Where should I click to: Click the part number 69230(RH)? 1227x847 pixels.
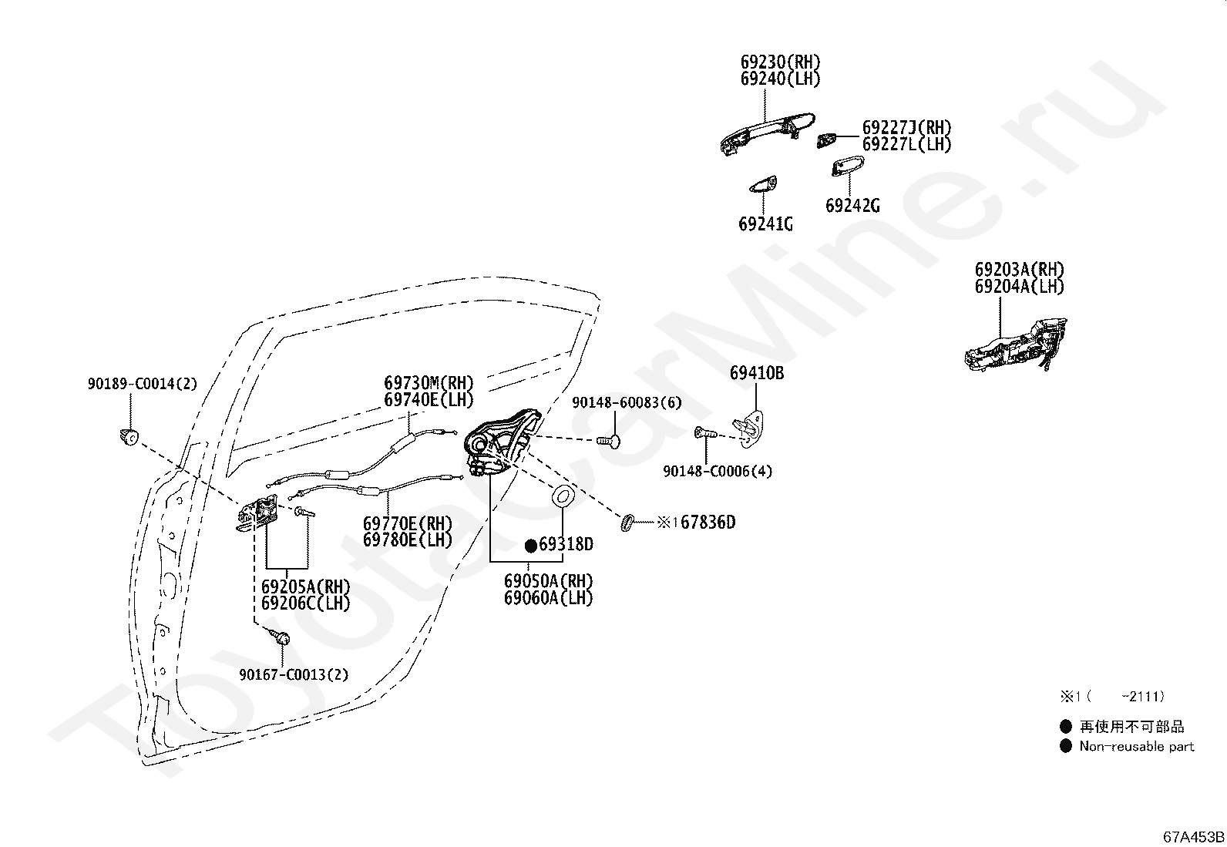780,62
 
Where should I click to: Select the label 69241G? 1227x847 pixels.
765,224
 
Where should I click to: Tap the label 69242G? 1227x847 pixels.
852,206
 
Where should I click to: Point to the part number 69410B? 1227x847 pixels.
756,373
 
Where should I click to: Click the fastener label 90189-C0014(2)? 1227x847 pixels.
143,384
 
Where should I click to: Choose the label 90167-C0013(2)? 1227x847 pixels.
294,674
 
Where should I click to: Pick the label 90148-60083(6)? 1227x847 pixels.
627,402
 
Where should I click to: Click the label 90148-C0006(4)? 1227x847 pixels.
718,471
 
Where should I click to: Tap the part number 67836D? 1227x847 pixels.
708,522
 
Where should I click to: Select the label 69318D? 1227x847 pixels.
566,544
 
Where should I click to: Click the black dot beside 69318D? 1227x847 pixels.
531,546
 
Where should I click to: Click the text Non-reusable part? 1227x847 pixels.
1137,746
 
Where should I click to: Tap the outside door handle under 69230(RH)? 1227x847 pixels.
767,133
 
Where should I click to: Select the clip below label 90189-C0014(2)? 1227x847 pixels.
129,437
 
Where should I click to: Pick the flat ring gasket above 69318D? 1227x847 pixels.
563,496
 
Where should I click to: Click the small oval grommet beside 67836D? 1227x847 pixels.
627,522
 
